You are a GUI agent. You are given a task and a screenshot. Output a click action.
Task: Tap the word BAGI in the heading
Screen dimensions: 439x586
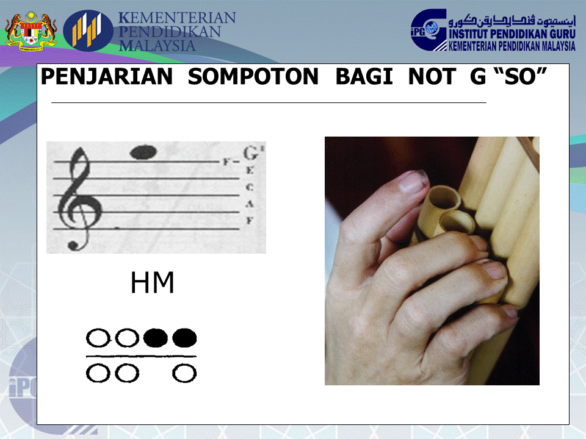[x=364, y=77]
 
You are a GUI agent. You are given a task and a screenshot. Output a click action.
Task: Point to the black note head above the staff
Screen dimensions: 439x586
[x=144, y=152]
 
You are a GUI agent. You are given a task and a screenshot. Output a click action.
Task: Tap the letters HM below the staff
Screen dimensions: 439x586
[x=153, y=284]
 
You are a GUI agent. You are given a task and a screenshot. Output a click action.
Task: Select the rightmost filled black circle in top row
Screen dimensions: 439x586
[x=184, y=337]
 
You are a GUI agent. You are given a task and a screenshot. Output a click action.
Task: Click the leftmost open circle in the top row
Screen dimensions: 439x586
[x=97, y=337]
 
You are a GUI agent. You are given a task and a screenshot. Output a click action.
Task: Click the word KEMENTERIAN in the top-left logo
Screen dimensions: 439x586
[x=177, y=18]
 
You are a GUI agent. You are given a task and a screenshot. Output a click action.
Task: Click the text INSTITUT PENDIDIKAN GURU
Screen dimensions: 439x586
[x=512, y=35]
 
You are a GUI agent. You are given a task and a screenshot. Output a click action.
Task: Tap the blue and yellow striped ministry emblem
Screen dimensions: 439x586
[x=89, y=29]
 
